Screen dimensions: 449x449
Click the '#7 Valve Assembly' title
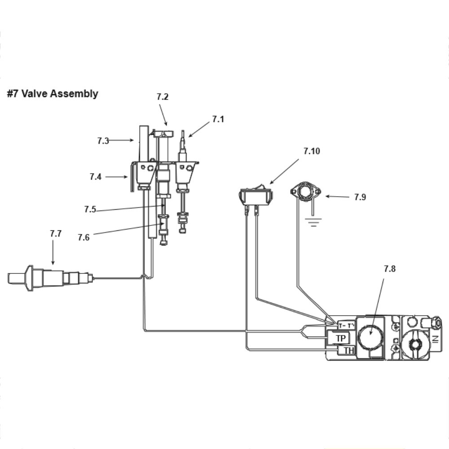[53, 94]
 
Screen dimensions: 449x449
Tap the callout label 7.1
[218, 119]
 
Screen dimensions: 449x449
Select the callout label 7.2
[163, 97]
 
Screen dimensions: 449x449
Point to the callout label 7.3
[103, 141]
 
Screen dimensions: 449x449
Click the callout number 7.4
[96, 176]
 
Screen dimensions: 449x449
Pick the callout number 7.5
[90, 209]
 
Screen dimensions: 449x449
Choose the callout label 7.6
[84, 238]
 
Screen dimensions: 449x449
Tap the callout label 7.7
[56, 233]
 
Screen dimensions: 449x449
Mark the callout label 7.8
[390, 269]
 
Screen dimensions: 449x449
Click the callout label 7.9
[360, 197]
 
